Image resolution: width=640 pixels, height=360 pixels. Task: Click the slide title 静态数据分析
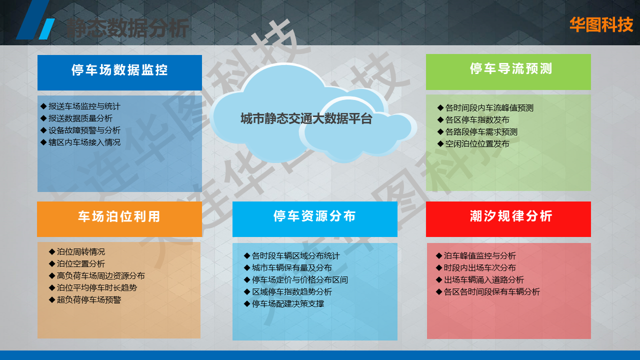pyautogui.click(x=127, y=28)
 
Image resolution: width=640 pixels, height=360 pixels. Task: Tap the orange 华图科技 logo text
pyautogui.click(x=601, y=25)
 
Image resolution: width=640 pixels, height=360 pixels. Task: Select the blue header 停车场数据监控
pyautogui.click(x=119, y=70)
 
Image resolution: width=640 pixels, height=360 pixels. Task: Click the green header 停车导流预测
pyautogui.click(x=511, y=68)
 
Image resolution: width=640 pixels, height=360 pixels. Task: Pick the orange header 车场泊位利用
pyautogui.click(x=119, y=216)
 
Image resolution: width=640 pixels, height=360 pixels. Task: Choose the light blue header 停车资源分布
pyautogui.click(x=314, y=216)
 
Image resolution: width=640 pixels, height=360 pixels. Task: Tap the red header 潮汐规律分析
pyautogui.click(x=511, y=216)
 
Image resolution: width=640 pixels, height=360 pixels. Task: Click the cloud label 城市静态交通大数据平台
pyautogui.click(x=306, y=118)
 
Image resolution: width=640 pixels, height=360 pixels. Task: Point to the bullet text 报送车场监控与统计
pyautogui.click(x=84, y=106)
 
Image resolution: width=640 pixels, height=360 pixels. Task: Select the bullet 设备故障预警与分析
pyautogui.click(x=84, y=130)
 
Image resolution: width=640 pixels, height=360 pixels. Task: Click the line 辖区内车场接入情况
pyautogui.click(x=84, y=142)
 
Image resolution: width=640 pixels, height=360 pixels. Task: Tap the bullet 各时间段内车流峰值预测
pyautogui.click(x=489, y=108)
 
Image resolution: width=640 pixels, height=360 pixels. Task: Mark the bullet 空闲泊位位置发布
pyautogui.click(x=477, y=144)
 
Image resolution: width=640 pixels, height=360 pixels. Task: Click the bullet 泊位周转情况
pyautogui.click(x=81, y=251)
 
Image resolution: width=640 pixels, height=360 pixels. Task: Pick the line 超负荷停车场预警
pyautogui.click(x=89, y=299)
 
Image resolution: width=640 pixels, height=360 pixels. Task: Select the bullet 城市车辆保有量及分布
pyautogui.click(x=291, y=268)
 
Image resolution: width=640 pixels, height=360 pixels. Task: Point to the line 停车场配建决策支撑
pyautogui.click(x=287, y=304)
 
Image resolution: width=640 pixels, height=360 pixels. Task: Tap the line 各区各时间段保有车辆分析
pyautogui.click(x=491, y=292)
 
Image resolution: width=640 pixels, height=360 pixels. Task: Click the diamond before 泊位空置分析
pyautogui.click(x=51, y=263)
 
